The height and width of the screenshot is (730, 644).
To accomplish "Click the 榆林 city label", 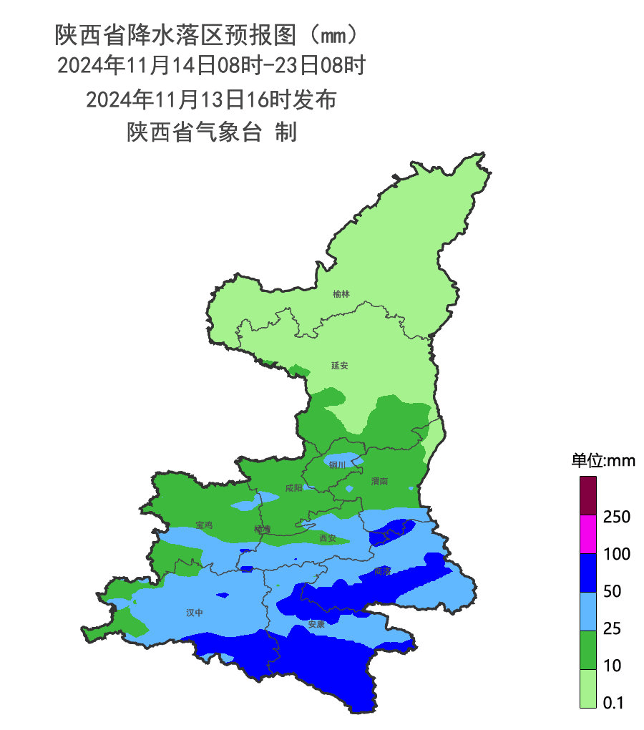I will coord(342,293).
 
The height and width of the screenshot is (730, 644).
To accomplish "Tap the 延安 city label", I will coord(339,365).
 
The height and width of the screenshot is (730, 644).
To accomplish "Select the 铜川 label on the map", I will coord(337,464).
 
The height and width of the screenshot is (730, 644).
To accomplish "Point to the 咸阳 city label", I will coord(293,488).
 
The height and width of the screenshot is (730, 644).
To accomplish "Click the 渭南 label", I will coord(379,482).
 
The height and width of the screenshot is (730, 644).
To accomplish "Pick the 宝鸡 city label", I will coord(204,525).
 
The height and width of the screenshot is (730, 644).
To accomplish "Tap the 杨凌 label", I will coord(263,529).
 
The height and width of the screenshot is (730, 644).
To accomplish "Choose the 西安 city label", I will coord(328,537).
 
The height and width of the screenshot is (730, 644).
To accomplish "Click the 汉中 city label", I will coord(195,613).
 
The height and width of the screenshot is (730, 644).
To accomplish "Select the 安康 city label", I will coord(316,624).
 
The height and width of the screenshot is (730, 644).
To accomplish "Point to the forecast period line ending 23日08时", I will coord(211,66).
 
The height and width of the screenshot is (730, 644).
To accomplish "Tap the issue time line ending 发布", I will coord(211,99).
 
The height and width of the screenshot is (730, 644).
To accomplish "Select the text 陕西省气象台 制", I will coord(211,132).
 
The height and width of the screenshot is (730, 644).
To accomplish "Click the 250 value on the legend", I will coord(616,517).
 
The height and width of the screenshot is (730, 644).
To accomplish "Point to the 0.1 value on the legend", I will coord(613,703).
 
